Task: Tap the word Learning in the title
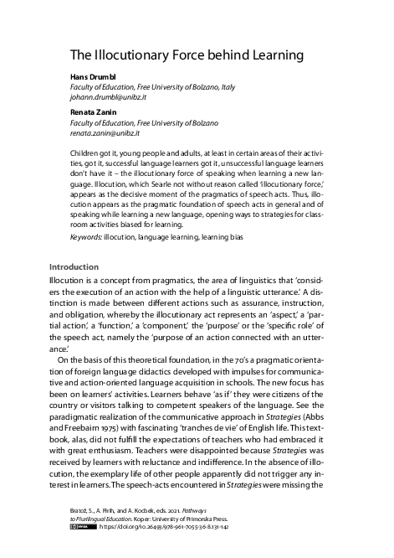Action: pyautogui.click(x=272, y=56)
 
